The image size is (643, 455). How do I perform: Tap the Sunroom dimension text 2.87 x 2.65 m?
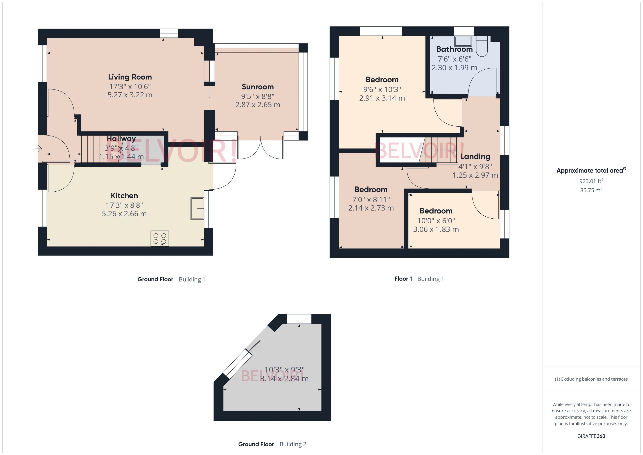258,105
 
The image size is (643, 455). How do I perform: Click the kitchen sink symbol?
197,208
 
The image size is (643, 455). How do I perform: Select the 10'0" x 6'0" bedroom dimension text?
436,221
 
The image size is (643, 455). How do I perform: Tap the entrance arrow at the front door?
39,148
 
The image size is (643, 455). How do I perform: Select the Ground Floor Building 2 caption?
272,444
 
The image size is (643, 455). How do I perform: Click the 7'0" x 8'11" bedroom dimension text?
371,199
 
